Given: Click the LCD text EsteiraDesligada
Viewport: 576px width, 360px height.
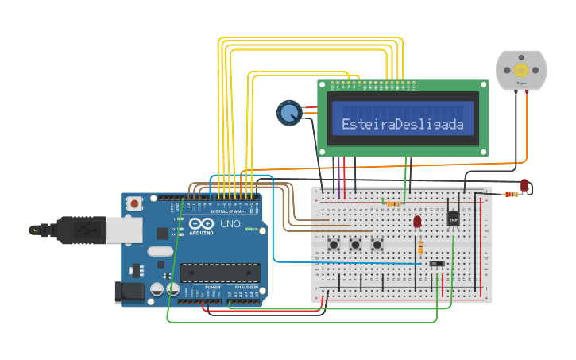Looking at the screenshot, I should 402,124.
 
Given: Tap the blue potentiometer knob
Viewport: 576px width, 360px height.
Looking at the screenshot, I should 288,113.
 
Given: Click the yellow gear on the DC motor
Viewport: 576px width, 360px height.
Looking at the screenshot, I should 521,70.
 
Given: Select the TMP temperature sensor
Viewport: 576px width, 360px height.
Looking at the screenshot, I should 454,217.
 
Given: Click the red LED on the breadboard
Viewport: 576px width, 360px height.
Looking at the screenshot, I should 417,222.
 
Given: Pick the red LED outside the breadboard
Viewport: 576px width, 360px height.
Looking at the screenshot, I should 524,185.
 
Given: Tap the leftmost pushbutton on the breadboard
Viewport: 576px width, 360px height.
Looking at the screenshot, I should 334,245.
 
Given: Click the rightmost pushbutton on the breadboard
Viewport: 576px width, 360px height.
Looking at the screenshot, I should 377,245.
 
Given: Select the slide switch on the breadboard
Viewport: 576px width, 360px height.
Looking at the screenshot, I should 437,263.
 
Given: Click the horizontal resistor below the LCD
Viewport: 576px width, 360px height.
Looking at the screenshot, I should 392,203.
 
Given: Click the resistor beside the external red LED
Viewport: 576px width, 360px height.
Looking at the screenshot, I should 512,194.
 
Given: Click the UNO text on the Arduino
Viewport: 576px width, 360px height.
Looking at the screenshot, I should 230,225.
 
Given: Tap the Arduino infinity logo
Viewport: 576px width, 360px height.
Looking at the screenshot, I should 201,224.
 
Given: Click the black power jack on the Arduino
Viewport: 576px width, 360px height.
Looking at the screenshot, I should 130,292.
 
